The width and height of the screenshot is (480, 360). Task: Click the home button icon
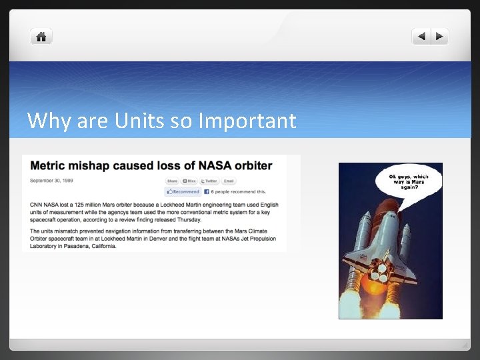pyautogui.click(x=41, y=37)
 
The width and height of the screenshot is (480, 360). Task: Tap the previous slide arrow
pyautogui.click(x=421, y=37)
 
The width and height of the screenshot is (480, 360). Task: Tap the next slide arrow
pyautogui.click(x=440, y=37)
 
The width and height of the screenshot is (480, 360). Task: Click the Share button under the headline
pyautogui.click(x=172, y=181)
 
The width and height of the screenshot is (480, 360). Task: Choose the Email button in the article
pyautogui.click(x=229, y=181)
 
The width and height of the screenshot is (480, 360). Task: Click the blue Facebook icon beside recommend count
pyautogui.click(x=207, y=192)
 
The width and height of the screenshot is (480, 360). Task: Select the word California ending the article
pyautogui.click(x=102, y=245)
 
